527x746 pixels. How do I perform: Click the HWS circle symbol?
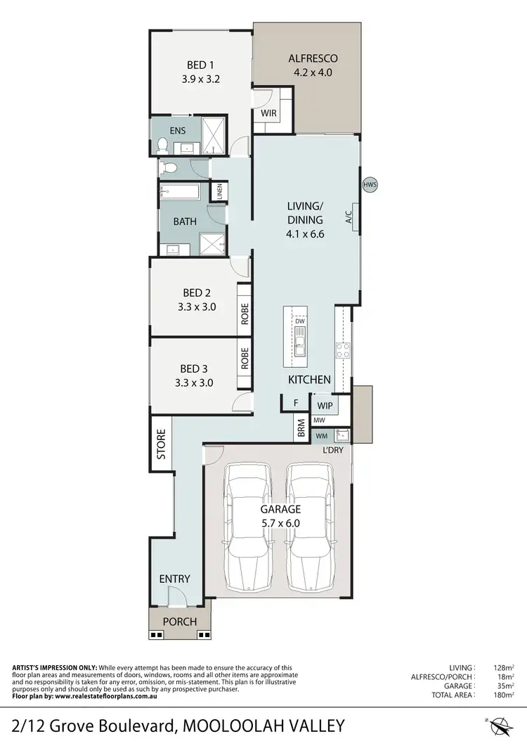coord(370,185)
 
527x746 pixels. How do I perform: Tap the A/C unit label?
coord(349,218)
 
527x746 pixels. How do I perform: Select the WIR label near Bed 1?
coord(268,112)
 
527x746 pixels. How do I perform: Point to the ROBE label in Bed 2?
coord(245,314)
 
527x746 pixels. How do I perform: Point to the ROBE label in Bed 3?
coord(245,359)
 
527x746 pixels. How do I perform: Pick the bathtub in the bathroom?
coord(180,191)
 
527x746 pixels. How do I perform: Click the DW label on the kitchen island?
coord(299,321)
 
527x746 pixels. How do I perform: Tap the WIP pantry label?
coord(324,406)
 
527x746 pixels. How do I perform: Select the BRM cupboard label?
coord(301,429)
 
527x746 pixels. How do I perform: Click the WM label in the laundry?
coord(321,435)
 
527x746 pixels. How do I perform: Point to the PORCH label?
coord(180,622)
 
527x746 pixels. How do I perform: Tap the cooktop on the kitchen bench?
coord(343,349)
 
